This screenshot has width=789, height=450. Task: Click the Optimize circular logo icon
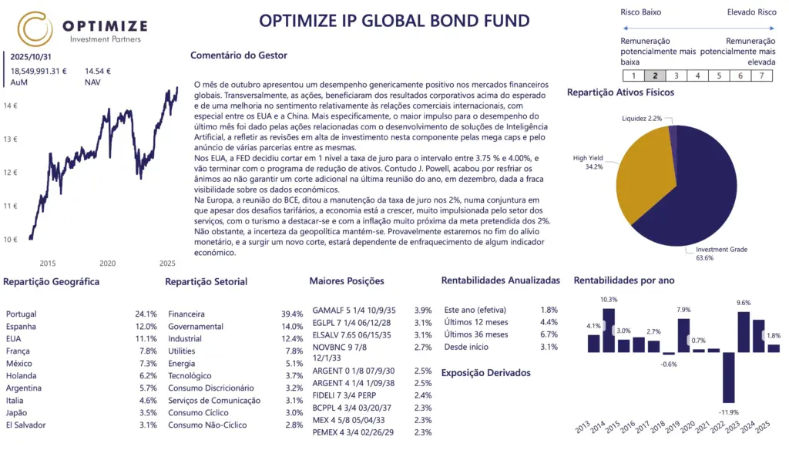pyautogui.click(x=35, y=29)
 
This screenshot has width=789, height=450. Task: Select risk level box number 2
pyautogui.click(x=655, y=76)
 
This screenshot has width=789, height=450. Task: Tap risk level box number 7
pyautogui.click(x=761, y=76)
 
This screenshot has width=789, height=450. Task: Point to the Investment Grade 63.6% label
pyautogui.click(x=720, y=254)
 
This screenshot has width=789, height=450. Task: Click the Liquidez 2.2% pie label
pyautogui.click(x=642, y=119)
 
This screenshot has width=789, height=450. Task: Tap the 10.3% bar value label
pyautogui.click(x=609, y=300)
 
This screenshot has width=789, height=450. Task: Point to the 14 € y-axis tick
pyautogui.click(x=10, y=106)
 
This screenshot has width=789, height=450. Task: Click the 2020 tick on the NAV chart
pyautogui.click(x=106, y=263)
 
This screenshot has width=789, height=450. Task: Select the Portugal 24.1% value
pyautogui.click(x=146, y=314)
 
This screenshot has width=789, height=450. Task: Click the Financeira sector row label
pyautogui.click(x=186, y=314)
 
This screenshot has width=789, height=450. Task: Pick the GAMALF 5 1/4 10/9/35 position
pyautogui.click(x=354, y=310)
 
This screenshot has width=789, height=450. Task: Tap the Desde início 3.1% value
pyautogui.click(x=549, y=347)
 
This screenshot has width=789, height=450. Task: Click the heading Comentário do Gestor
pyautogui.click(x=239, y=55)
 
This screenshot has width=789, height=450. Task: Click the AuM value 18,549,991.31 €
pyautogui.click(x=39, y=71)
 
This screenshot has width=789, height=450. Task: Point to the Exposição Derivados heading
pyautogui.click(x=485, y=373)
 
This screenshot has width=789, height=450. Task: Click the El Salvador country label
pyautogui.click(x=27, y=425)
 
